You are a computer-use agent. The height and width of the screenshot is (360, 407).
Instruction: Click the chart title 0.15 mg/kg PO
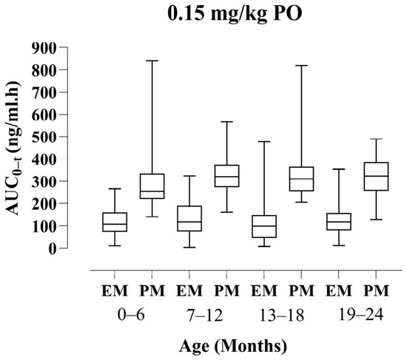tap(235, 14)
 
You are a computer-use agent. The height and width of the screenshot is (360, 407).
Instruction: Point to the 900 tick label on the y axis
tap(44, 48)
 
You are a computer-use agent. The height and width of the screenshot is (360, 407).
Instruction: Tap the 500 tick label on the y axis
tap(44, 137)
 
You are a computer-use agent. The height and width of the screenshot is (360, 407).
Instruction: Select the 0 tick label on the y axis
tap(52, 248)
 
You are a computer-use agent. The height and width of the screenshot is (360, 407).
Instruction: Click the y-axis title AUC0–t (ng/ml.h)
tap(13, 148)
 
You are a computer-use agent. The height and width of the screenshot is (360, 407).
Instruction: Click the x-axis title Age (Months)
tap(233, 346)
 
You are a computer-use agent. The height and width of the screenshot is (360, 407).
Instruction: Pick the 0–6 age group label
tap(131, 315)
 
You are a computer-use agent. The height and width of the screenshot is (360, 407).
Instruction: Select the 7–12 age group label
tap(205, 315)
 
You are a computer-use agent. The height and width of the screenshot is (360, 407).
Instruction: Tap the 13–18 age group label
tap(282, 315)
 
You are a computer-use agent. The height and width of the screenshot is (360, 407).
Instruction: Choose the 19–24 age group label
tap(361, 315)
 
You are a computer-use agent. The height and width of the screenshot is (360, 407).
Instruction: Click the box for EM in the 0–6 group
tap(115, 222)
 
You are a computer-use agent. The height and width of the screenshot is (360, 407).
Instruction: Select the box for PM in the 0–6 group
tap(152, 186)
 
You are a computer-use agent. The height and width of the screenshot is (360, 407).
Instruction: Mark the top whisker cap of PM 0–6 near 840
tap(152, 61)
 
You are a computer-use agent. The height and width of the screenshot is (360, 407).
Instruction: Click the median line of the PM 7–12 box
tap(227, 177)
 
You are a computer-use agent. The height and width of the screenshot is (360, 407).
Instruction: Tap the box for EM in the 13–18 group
tap(264, 226)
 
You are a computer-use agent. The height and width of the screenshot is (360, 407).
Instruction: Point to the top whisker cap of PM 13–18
tap(302, 66)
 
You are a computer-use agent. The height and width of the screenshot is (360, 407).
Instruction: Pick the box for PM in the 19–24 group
tap(376, 177)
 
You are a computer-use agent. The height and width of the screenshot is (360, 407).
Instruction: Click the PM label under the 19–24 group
tap(376, 291)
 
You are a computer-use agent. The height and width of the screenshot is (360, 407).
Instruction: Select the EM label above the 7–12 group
tap(189, 291)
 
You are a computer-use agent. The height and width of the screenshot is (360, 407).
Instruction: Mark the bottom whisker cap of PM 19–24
tap(376, 220)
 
